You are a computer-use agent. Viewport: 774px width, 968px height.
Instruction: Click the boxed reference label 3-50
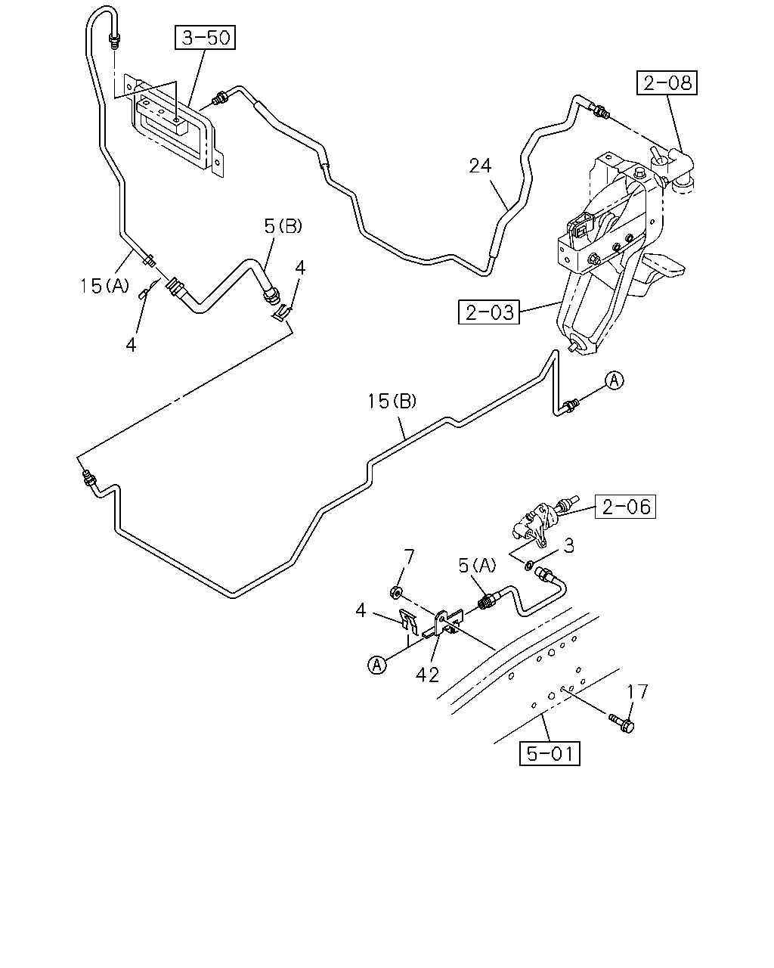205,37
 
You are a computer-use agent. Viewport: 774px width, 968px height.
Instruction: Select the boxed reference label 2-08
667,82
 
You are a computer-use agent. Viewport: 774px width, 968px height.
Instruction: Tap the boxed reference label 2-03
489,312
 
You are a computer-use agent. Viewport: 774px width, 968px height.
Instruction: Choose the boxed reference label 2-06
625,507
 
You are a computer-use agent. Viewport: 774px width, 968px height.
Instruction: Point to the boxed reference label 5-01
550,753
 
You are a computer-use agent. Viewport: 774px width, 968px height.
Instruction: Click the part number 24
480,166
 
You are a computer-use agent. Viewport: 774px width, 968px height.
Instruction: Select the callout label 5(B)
283,226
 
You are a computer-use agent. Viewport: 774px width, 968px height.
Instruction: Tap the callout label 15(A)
104,286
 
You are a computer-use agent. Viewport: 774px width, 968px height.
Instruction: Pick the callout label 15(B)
392,402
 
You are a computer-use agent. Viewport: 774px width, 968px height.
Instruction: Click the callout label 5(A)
477,566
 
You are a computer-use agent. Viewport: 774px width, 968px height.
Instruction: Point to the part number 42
427,675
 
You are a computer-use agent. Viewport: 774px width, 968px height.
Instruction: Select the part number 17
637,692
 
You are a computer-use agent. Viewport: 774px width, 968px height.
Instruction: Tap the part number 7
408,558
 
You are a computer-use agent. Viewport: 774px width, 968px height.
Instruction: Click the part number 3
569,545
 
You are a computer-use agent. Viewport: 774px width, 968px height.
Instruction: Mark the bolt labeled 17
621,723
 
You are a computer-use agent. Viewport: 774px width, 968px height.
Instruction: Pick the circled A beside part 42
377,665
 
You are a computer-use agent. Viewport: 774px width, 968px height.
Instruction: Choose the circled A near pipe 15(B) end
614,380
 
